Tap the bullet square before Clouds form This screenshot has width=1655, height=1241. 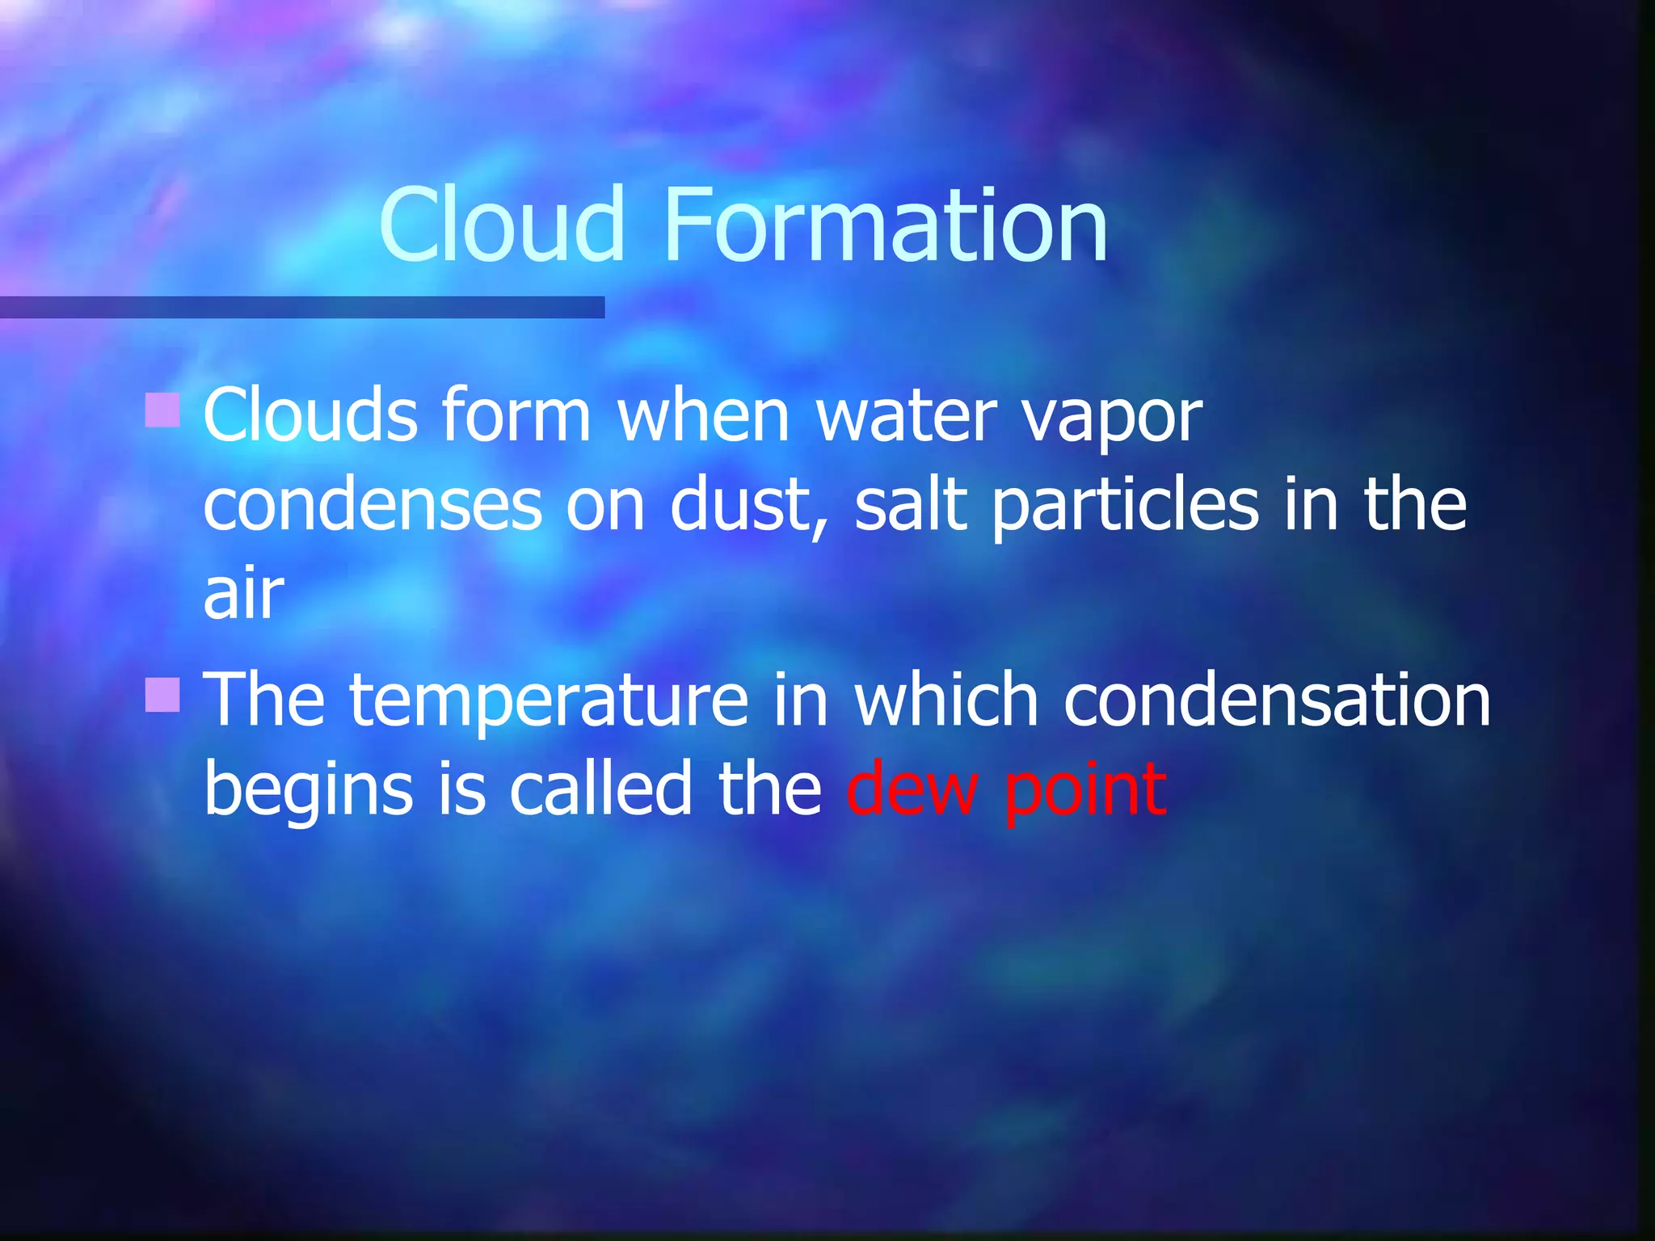click(162, 409)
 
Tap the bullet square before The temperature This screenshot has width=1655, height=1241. click(162, 695)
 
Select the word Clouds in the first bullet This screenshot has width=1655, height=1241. click(310, 415)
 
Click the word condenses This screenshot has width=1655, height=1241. click(372, 506)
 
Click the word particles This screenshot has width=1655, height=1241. click(1125, 506)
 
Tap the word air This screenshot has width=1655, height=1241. click(243, 595)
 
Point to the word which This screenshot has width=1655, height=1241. click(946, 700)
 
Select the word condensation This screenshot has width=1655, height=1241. click(1277, 700)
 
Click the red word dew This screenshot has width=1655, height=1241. click(912, 789)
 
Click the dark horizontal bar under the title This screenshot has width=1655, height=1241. click(302, 307)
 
